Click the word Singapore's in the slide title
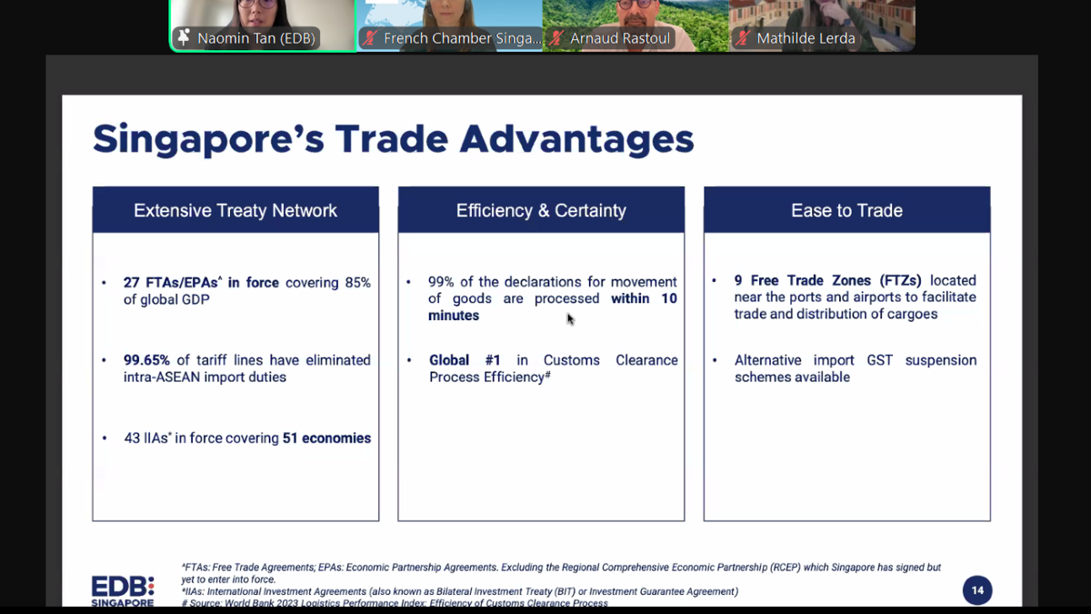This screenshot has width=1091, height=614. [208, 139]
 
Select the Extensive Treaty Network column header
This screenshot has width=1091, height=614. [235, 210]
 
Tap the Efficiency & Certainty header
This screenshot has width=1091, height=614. [541, 210]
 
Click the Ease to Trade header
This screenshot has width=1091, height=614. [846, 210]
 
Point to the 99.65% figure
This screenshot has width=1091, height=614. [146, 360]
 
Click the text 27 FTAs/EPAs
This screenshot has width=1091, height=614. [171, 283]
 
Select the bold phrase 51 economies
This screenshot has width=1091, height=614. [326, 438]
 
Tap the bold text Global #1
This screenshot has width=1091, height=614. [465, 360]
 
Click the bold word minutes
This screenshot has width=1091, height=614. [454, 316]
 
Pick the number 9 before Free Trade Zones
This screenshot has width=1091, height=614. [738, 281]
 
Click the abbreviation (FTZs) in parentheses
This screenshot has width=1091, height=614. [900, 281]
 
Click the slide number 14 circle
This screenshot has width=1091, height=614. [977, 590]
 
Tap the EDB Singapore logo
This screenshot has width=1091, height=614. [123, 591]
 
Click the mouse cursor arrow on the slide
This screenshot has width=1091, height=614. [570, 319]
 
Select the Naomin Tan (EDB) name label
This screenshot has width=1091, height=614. [256, 38]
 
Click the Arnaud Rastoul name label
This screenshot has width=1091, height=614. [620, 38]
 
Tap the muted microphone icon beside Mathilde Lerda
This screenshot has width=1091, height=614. [743, 38]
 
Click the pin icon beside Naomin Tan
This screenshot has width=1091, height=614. [184, 37]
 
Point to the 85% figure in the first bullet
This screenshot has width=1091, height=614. [357, 283]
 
